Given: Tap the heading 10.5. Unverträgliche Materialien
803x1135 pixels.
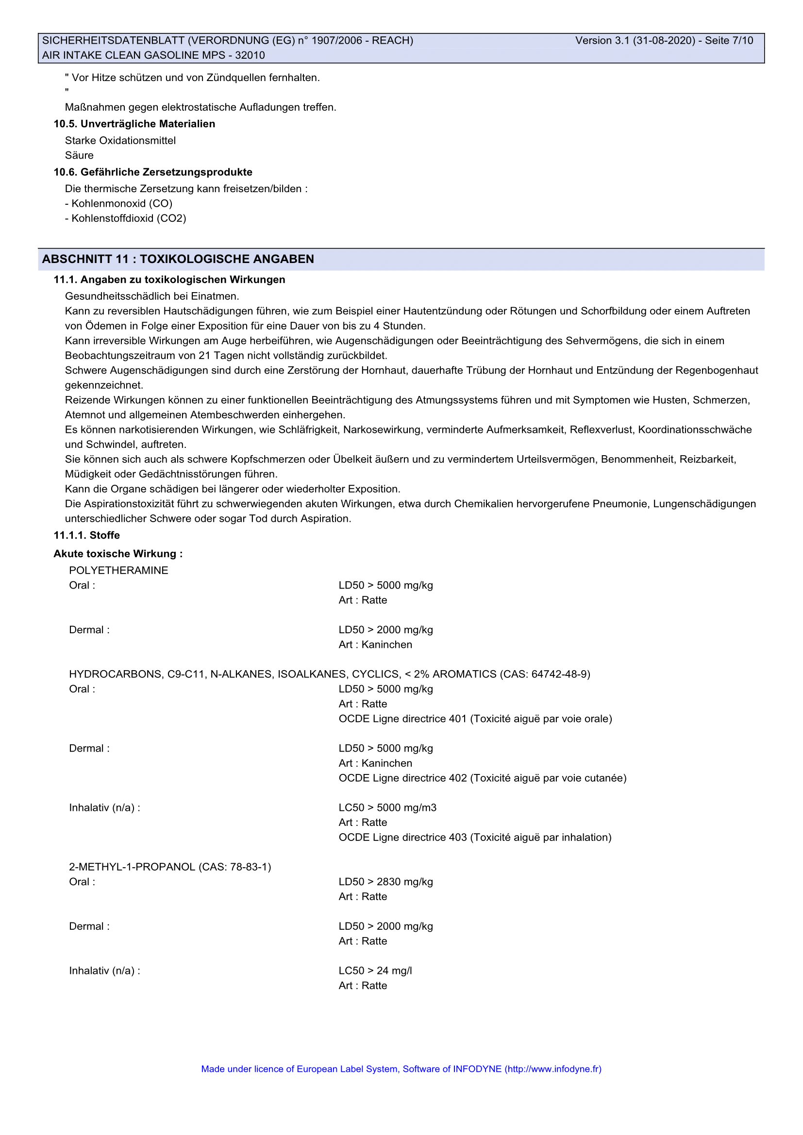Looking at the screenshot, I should tap(134, 124).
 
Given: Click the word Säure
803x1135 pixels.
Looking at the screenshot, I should tap(79, 155).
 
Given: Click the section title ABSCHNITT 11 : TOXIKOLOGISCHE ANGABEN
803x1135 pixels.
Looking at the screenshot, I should tap(178, 259).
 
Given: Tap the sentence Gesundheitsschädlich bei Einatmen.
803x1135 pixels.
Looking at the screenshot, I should tap(152, 296).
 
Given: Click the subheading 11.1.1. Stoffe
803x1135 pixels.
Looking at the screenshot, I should tap(86, 535).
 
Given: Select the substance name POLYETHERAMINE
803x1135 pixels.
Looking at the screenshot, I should tap(118, 571).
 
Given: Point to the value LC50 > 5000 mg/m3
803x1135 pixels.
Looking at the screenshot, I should tap(387, 808).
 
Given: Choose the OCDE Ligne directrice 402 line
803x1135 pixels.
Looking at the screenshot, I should tap(482, 778).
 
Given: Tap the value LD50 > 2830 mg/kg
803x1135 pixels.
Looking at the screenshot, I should tap(385, 882).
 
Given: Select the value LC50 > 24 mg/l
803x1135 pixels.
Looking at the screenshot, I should tap(375, 971).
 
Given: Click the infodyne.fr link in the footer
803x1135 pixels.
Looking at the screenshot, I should tap(554, 1069).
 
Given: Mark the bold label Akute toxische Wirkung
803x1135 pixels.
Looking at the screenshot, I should tap(117, 554).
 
